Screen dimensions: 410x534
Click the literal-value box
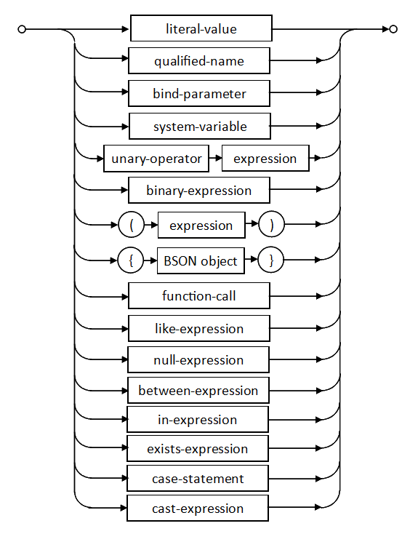[201, 28]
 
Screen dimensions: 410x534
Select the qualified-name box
[199, 60]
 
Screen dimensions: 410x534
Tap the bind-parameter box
[199, 93]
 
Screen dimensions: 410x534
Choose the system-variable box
[200, 126]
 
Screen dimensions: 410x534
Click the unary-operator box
[156, 159]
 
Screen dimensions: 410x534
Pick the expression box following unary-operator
[265, 159]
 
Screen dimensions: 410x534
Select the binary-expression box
[199, 190]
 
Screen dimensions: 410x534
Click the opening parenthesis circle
[132, 225]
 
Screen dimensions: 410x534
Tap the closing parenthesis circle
[272, 224]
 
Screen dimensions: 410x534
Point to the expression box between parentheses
[201, 225]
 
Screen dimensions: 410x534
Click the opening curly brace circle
[131, 260]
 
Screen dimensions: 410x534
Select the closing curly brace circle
[271, 260]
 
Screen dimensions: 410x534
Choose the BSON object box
[201, 261]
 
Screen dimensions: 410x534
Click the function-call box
[199, 295]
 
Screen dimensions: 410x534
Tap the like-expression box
[199, 328]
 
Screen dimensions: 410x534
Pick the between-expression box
[198, 390]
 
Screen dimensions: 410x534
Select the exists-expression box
[198, 449]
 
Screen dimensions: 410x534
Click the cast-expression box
[198, 508]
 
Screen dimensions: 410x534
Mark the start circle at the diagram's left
[21, 29]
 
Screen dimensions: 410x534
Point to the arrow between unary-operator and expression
[215, 158]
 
